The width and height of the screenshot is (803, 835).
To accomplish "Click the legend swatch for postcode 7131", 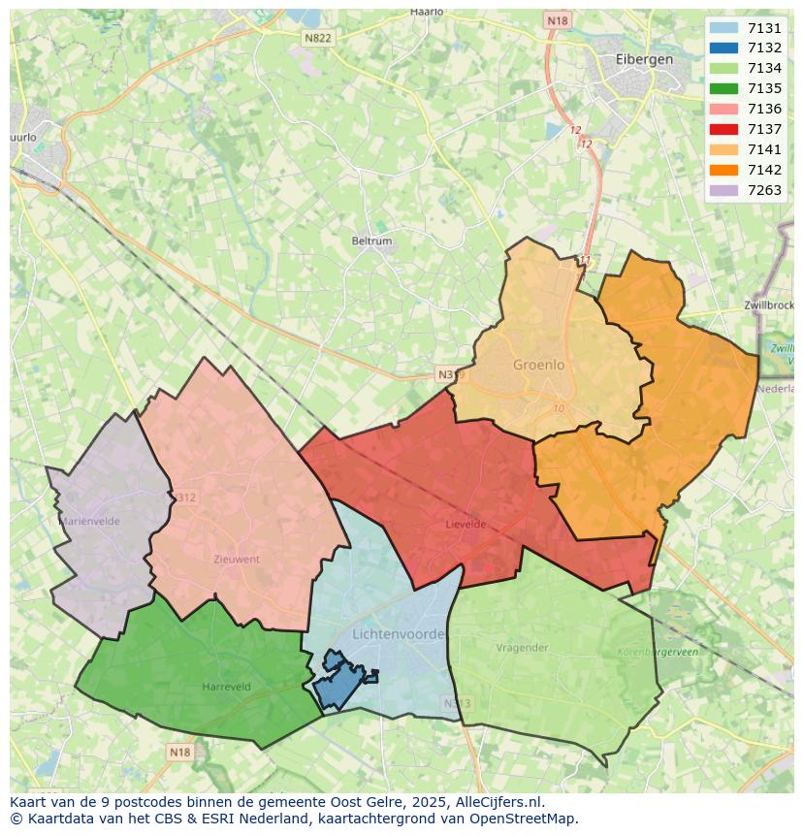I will coord(723,28).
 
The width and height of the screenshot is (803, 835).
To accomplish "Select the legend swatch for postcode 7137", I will coord(723,129).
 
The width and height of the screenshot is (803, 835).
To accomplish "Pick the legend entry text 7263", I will coord(764,190).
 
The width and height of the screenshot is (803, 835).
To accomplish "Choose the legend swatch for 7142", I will coord(723,170).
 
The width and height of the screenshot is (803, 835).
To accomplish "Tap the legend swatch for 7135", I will coord(723,88).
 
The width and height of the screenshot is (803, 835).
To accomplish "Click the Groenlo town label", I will coord(538,366).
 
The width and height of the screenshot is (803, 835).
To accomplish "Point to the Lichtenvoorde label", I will coord(400,633).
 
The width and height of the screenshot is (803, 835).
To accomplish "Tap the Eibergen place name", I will coord(644,59).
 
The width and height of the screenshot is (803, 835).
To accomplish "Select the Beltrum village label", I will coord(372,241).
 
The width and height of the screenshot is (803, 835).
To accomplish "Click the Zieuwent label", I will coord(237,560).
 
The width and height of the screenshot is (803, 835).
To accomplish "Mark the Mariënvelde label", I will coord(90,521).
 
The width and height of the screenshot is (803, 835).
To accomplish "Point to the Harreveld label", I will coord(227,687).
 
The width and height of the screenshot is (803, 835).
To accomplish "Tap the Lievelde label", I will coord(466,525).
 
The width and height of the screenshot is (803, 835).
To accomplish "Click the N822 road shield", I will coord(317,38).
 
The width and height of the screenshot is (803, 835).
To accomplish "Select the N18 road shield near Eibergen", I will coord(557,20).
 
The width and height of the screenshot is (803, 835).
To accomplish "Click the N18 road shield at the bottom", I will coord(179,752).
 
